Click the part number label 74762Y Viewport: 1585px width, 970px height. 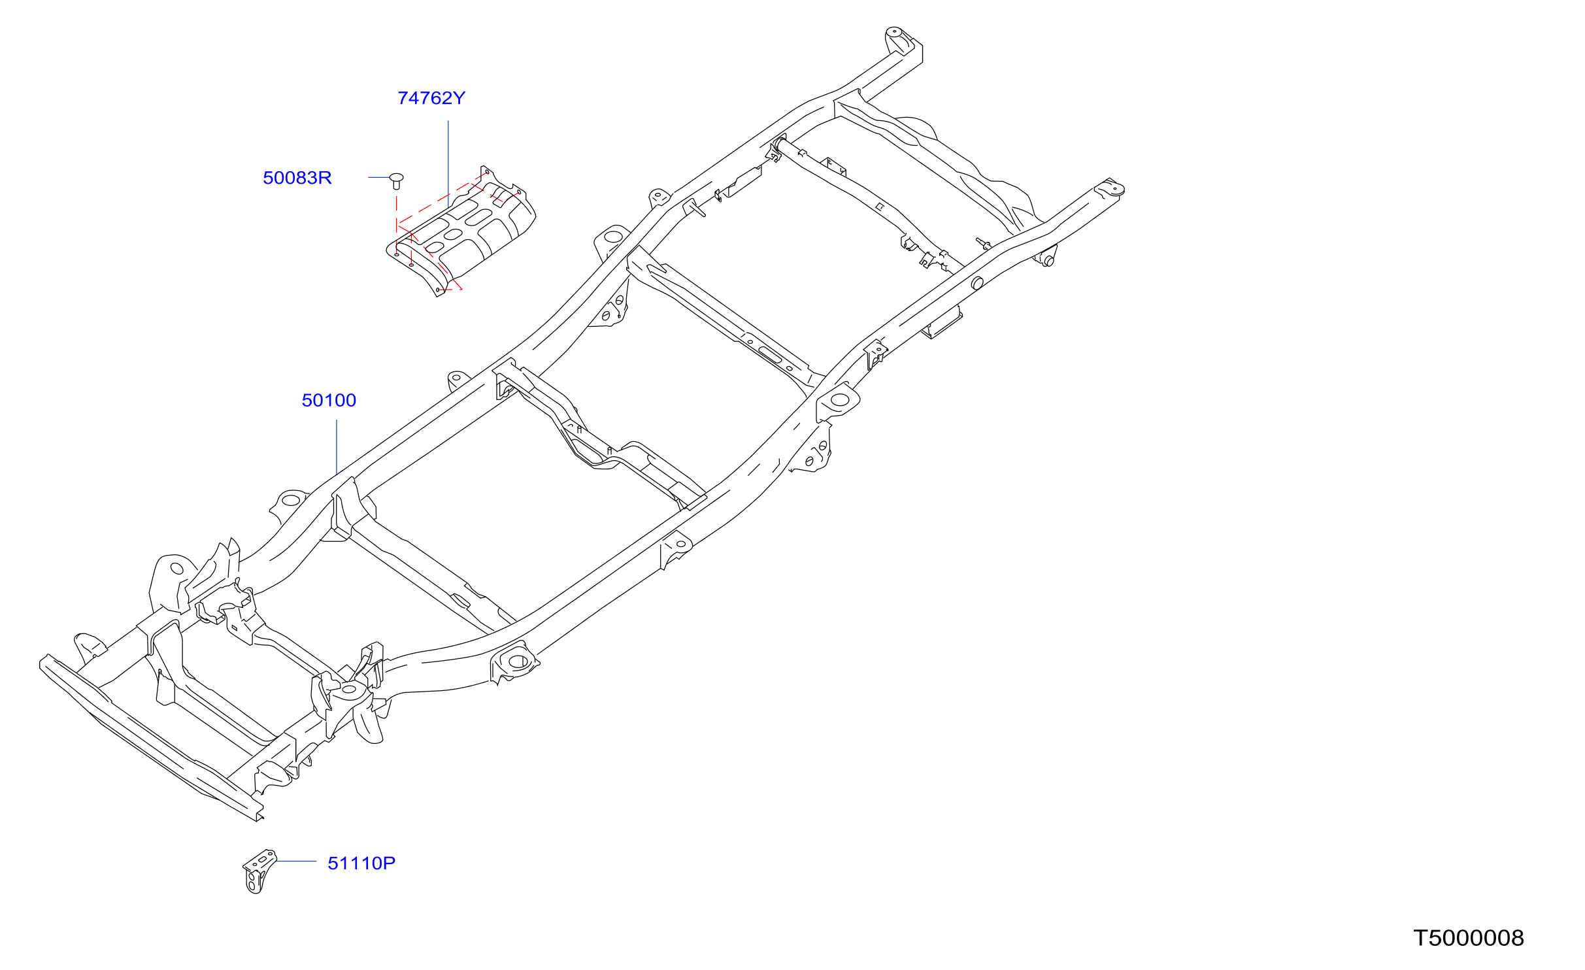431,98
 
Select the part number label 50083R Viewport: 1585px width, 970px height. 297,178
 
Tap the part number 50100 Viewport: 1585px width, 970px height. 329,400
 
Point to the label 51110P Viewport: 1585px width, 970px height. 361,863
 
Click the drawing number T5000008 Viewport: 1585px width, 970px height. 1469,938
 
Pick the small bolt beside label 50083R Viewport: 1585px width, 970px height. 396,180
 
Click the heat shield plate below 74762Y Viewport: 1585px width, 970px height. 461,232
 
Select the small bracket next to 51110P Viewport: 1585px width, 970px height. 259,871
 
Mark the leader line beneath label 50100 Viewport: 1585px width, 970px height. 337,447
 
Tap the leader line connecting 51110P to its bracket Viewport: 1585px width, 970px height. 296,861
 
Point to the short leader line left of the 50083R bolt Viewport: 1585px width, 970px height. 379,177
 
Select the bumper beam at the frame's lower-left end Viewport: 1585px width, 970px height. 150,739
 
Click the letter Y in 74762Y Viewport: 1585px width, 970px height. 459,98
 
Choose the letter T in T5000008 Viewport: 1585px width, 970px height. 1421,938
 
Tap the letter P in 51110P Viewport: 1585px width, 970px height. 390,863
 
